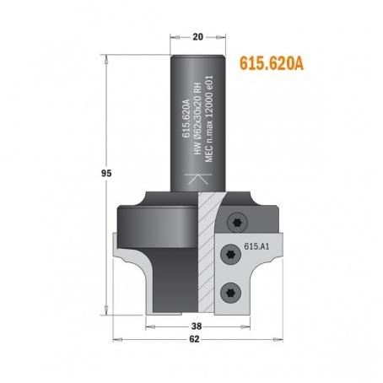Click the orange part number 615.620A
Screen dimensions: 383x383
pyautogui.click(x=272, y=63)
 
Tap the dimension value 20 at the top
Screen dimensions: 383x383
pyautogui.click(x=197, y=37)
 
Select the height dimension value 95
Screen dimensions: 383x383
pyautogui.click(x=106, y=174)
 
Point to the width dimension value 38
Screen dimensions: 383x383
pyautogui.click(x=197, y=326)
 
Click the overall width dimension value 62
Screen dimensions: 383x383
pyautogui.click(x=194, y=339)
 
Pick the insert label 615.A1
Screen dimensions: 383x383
pyautogui.click(x=256, y=246)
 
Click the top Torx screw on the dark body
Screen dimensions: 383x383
pyautogui.click(x=237, y=223)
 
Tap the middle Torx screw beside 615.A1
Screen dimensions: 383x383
pyautogui.click(x=230, y=254)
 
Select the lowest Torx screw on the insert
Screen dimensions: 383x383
pyautogui.click(x=230, y=293)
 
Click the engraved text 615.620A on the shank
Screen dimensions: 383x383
pyautogui.click(x=186, y=118)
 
